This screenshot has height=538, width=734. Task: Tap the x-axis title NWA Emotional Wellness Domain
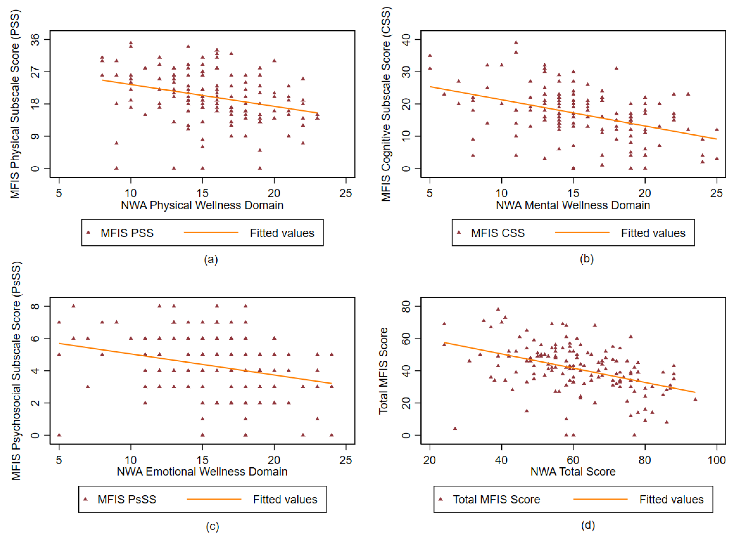[202, 472]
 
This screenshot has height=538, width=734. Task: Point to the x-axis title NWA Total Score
[573, 472]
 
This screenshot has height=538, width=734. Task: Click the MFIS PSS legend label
[127, 233]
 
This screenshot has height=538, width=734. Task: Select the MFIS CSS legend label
[498, 233]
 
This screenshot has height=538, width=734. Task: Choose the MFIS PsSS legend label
[127, 500]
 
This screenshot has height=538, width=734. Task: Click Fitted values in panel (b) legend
[653, 233]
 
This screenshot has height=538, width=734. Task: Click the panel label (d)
[588, 525]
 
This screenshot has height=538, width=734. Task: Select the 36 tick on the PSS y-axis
[35, 39]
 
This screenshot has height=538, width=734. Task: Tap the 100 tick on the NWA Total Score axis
[716, 460]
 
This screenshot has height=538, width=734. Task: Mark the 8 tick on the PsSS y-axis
[35, 306]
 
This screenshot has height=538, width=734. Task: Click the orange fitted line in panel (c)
[195, 364]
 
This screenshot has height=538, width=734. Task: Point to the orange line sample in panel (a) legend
[211, 233]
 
